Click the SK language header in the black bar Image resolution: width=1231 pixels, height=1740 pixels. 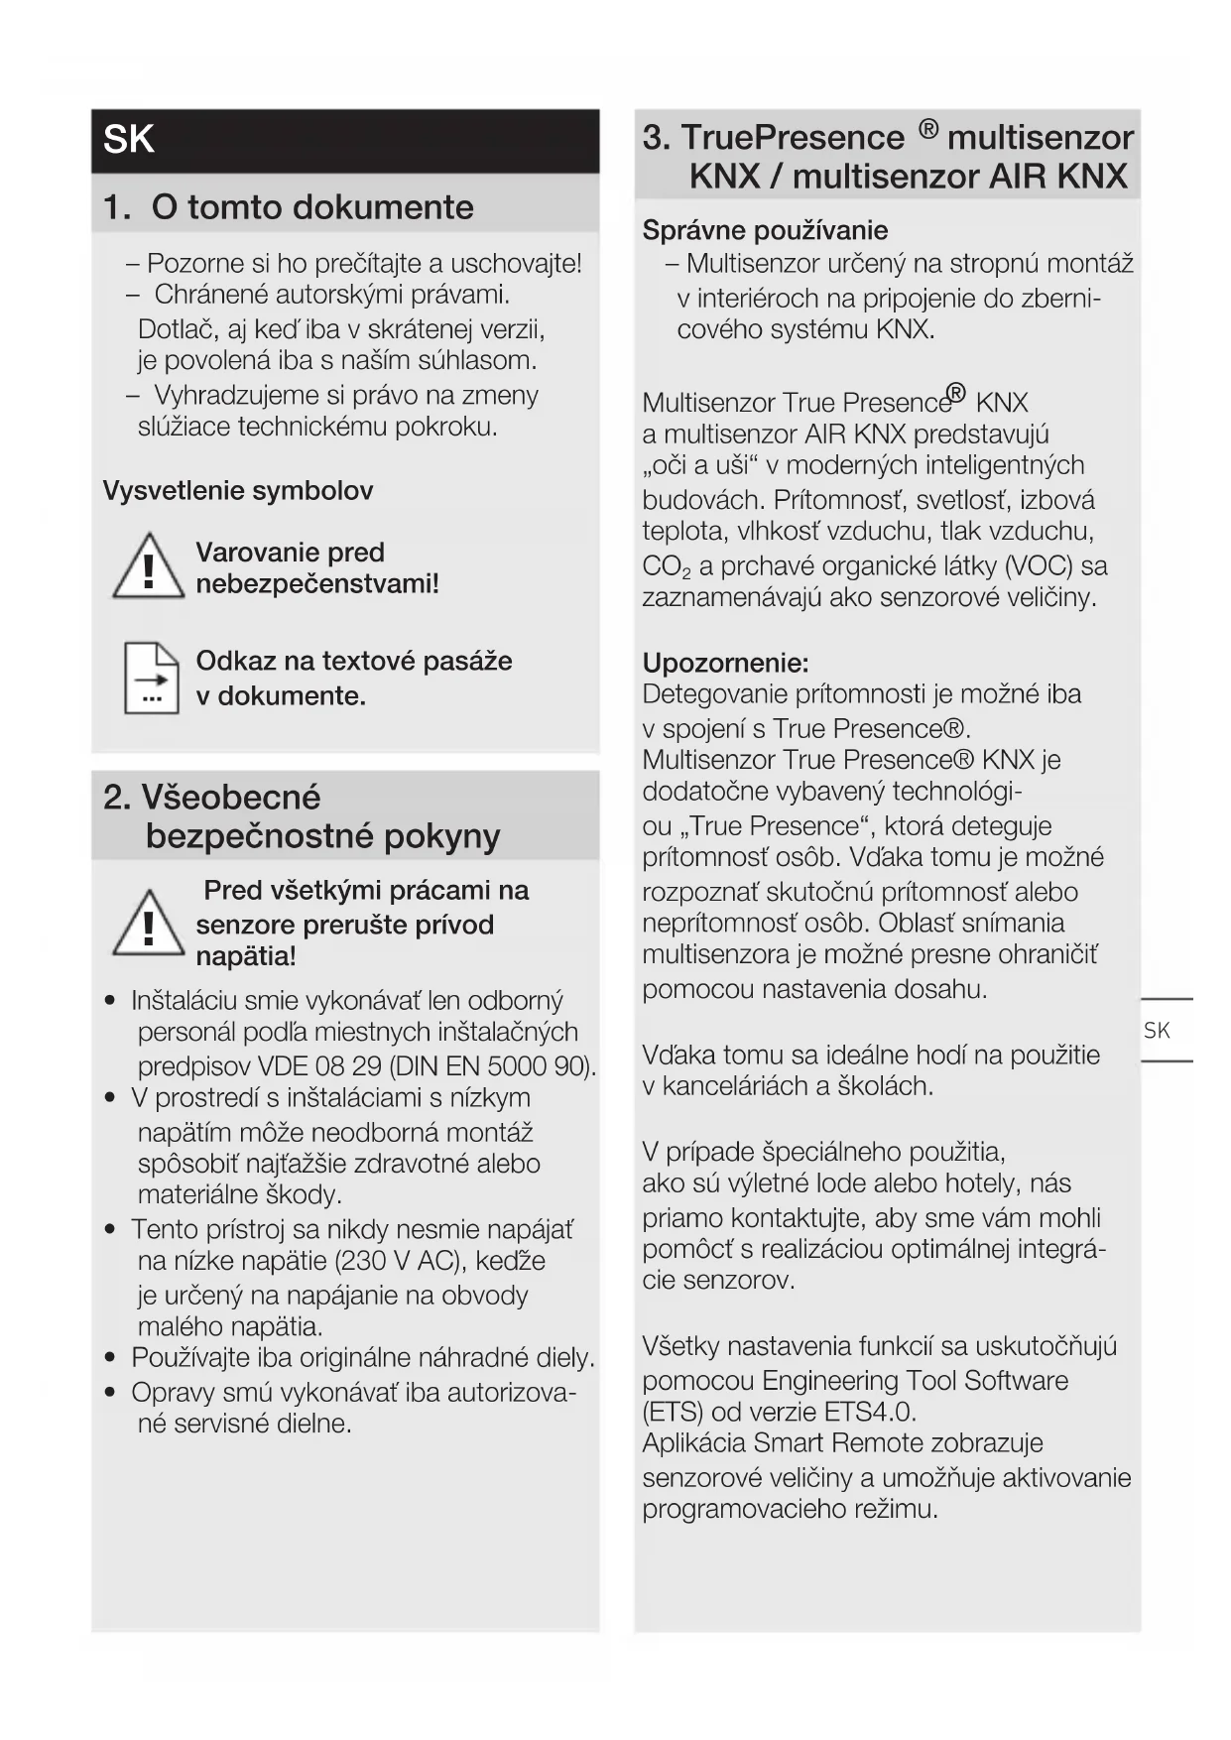point(129,140)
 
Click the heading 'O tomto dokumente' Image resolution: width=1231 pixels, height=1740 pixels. point(312,207)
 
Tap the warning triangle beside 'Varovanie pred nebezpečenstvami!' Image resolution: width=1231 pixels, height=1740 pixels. point(148,567)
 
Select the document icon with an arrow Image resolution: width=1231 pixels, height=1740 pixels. point(151,679)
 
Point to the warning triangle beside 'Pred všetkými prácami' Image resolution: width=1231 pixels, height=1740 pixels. point(148,925)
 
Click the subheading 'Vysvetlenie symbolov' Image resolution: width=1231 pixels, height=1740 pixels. point(238,491)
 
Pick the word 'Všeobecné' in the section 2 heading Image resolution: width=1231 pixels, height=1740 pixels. point(231,798)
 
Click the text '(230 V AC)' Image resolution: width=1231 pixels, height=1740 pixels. point(401,1261)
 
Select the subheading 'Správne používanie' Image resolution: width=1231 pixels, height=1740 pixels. point(765,231)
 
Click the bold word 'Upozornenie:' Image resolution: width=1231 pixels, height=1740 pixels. point(725,663)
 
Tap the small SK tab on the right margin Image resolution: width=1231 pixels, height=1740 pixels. point(1157,1031)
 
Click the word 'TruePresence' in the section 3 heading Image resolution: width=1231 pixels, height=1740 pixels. point(793,138)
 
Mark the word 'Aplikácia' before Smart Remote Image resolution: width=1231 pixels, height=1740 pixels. point(694,1443)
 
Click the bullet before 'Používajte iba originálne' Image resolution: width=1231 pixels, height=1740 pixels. point(111,1358)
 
